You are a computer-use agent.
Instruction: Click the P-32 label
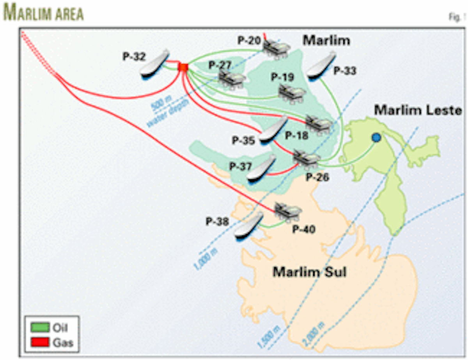[134, 57]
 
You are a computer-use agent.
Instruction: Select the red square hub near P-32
[183, 67]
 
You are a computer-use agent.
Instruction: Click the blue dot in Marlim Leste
[376, 137]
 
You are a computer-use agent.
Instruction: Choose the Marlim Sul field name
[309, 271]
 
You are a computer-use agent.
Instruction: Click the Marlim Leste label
[418, 110]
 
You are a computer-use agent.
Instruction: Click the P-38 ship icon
[248, 226]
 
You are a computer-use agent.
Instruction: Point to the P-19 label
[282, 77]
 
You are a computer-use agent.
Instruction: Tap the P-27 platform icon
[231, 79]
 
